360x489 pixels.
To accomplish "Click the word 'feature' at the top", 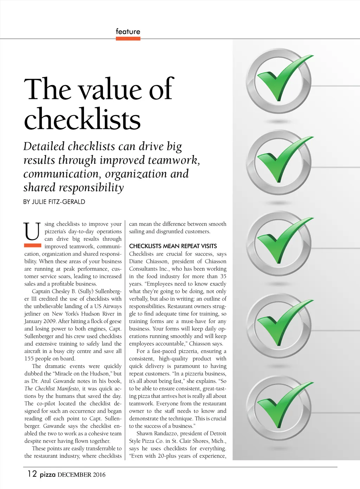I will (x=128, y=32).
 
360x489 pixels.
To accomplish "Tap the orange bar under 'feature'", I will (x=128, y=39).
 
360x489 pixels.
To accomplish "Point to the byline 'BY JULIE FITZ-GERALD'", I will (x=54, y=202).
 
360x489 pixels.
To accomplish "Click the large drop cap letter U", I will (x=32, y=231).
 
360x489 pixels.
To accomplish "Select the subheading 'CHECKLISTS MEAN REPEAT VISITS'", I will (x=173, y=246).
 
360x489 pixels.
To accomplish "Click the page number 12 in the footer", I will (x=32, y=474).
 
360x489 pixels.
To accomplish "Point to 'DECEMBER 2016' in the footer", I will (x=81, y=475).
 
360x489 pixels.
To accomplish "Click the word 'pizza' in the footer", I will (x=47, y=475).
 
